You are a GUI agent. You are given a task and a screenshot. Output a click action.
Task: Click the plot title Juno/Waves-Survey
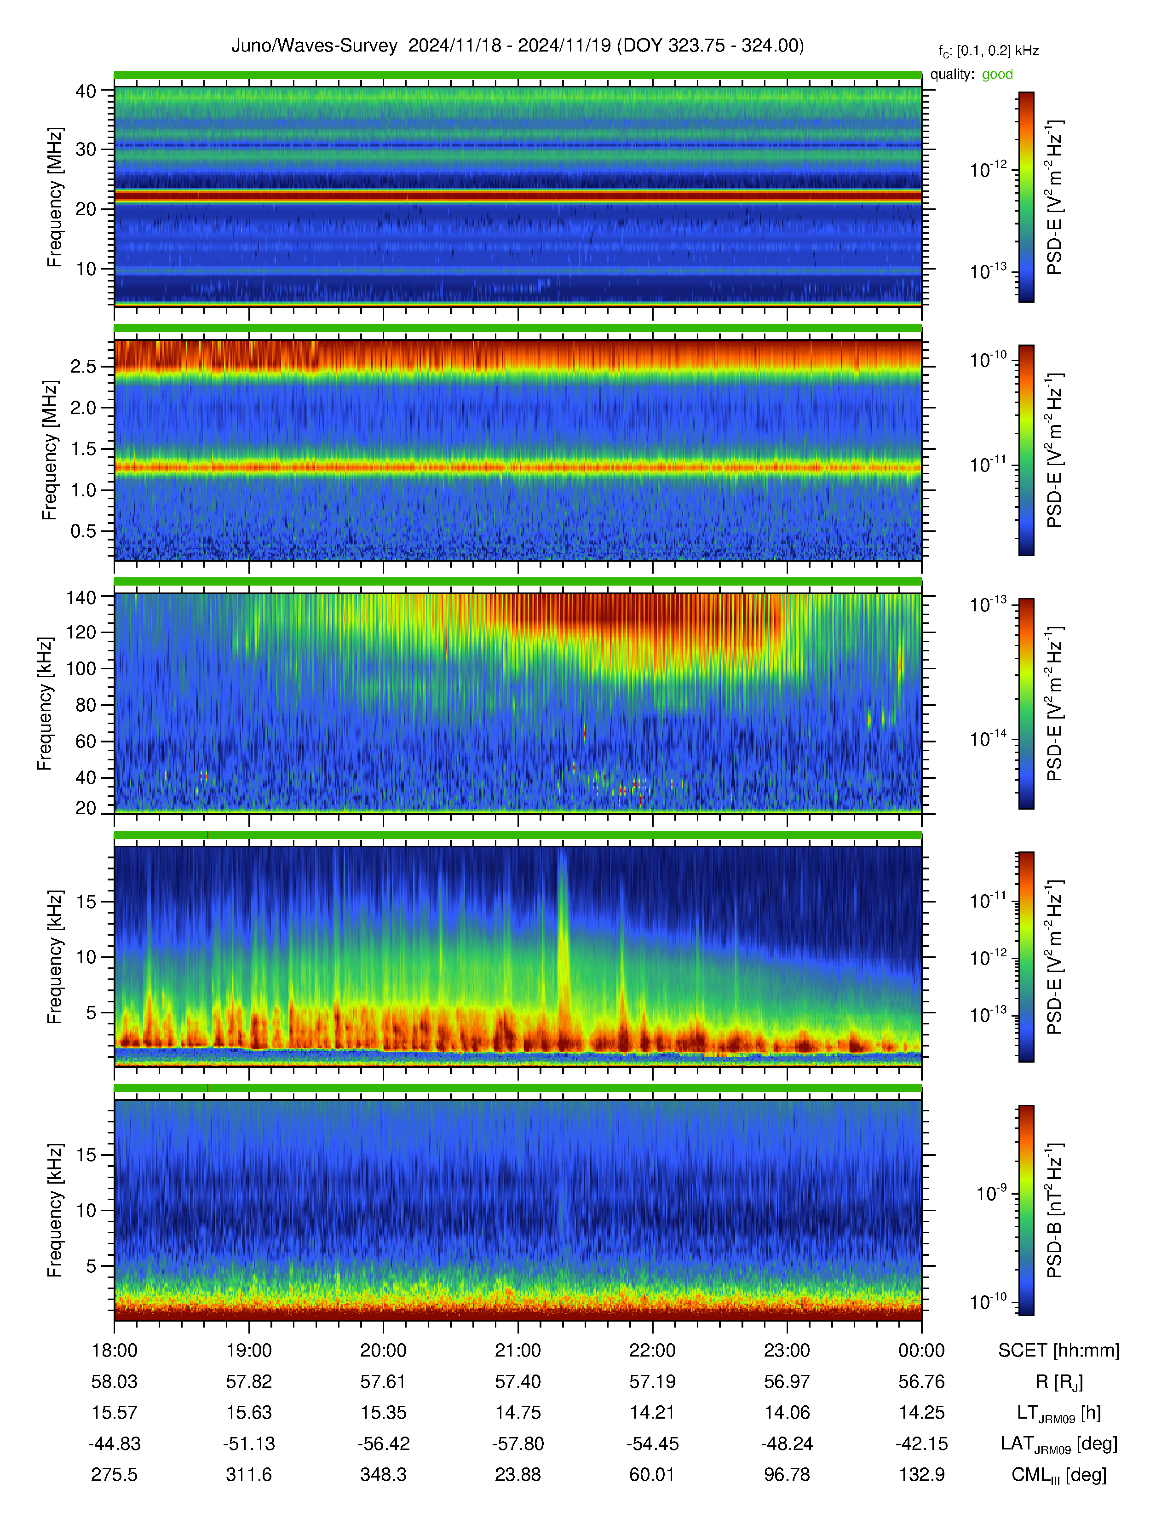pos(314,46)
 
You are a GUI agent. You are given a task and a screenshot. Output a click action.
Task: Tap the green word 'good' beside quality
pos(997,75)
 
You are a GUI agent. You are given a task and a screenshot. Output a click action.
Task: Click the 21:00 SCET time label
pos(517,1351)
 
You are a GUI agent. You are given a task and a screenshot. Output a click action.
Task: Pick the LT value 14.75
pos(517,1412)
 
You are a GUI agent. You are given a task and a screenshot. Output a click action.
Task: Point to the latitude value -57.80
pos(517,1443)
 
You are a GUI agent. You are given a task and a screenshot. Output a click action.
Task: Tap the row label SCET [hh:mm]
pos(1059,1351)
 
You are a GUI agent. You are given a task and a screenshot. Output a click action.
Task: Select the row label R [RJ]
pos(1059,1382)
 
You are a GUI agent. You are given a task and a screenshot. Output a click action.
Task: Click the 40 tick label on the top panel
pos(86,91)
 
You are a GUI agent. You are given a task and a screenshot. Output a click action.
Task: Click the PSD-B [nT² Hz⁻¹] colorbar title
pos(1054,1210)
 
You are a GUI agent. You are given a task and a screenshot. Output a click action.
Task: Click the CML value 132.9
pos(921,1474)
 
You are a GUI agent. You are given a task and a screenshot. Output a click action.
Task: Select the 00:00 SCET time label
pos(921,1351)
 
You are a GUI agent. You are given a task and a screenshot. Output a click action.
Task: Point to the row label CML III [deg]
pos(1059,1475)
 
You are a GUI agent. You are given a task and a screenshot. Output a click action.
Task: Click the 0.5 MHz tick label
pos(83,531)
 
